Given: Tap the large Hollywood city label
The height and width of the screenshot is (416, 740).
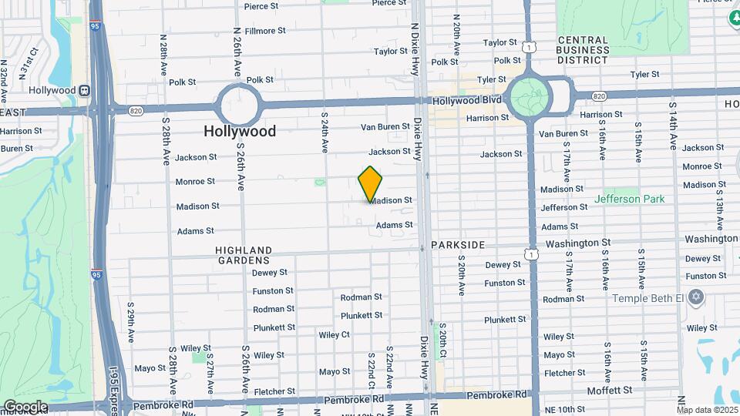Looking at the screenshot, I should tap(240, 132).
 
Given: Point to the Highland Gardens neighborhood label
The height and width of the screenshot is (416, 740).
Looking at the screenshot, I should tap(244, 256).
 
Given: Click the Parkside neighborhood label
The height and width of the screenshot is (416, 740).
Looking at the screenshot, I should tap(458, 245).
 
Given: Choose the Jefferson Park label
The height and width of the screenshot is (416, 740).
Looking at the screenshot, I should tap(629, 200).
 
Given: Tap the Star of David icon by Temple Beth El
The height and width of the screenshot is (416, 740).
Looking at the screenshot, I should tap(697, 297).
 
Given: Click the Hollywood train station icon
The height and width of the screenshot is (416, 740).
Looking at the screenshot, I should tap(85, 90).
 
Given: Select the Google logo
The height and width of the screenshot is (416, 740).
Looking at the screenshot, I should tap(25, 407).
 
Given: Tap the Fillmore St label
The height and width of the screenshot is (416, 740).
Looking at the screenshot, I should tap(265, 31).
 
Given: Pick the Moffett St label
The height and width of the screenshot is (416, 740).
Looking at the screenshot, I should tap(610, 391).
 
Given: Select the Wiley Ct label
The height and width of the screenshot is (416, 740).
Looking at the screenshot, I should tap(334, 334).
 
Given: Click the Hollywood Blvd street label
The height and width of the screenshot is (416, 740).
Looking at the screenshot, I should tap(466, 100).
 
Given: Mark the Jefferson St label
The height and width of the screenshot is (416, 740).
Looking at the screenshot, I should tap(559, 208).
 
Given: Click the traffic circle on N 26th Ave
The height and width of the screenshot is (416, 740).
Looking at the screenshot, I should tap(237, 105).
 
